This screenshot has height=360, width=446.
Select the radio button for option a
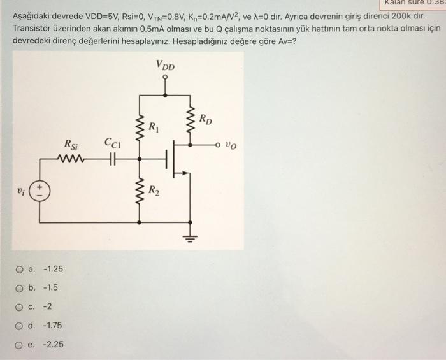click(19, 268)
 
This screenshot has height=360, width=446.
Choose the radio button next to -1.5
click(19, 287)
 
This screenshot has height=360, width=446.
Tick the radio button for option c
click(19, 306)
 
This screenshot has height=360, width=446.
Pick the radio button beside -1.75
click(19, 326)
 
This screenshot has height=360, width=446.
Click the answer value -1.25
click(52, 268)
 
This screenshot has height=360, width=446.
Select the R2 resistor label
click(154, 189)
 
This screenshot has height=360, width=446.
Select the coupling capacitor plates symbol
click(113, 159)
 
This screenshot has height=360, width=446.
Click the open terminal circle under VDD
click(166, 81)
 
